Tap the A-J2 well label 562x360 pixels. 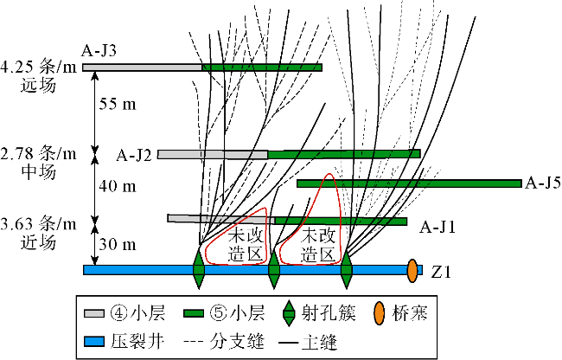click(x=135, y=155)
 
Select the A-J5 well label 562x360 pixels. click(x=542, y=183)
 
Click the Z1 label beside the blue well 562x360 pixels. click(x=440, y=271)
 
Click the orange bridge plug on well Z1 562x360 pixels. click(x=412, y=270)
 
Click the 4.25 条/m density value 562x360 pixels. click(x=38, y=67)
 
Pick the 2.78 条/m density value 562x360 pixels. click(x=38, y=154)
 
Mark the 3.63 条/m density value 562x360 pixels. click(x=38, y=224)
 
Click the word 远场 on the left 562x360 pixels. click(x=38, y=85)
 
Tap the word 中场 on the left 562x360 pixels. click(x=38, y=172)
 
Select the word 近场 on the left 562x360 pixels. click(x=38, y=242)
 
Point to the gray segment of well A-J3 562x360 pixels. click(x=142, y=67)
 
